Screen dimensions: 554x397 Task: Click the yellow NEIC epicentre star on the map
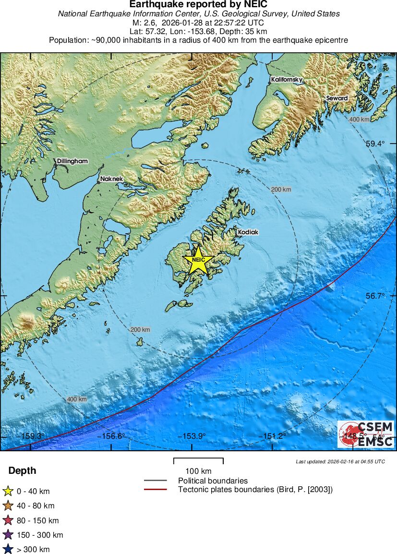(x=198, y=261)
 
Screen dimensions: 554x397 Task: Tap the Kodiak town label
(x=248, y=232)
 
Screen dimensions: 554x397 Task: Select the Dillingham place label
(x=72, y=161)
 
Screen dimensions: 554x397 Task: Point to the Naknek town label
(x=111, y=179)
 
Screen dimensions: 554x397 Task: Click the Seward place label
(x=337, y=98)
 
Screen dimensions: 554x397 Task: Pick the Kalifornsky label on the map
(x=287, y=79)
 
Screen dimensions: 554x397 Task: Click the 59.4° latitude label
(x=375, y=144)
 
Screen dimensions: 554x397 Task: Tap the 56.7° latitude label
(x=375, y=296)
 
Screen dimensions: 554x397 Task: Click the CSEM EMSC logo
(x=366, y=434)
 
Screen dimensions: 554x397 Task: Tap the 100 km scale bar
(x=198, y=461)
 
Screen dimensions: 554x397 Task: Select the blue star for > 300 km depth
(x=8, y=549)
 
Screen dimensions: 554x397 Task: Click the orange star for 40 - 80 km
(x=8, y=506)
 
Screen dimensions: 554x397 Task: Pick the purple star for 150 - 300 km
(x=8, y=535)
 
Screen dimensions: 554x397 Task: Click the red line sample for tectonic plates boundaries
(x=155, y=490)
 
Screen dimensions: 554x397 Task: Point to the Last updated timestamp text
(x=340, y=462)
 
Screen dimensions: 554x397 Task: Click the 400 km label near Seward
(x=359, y=119)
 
